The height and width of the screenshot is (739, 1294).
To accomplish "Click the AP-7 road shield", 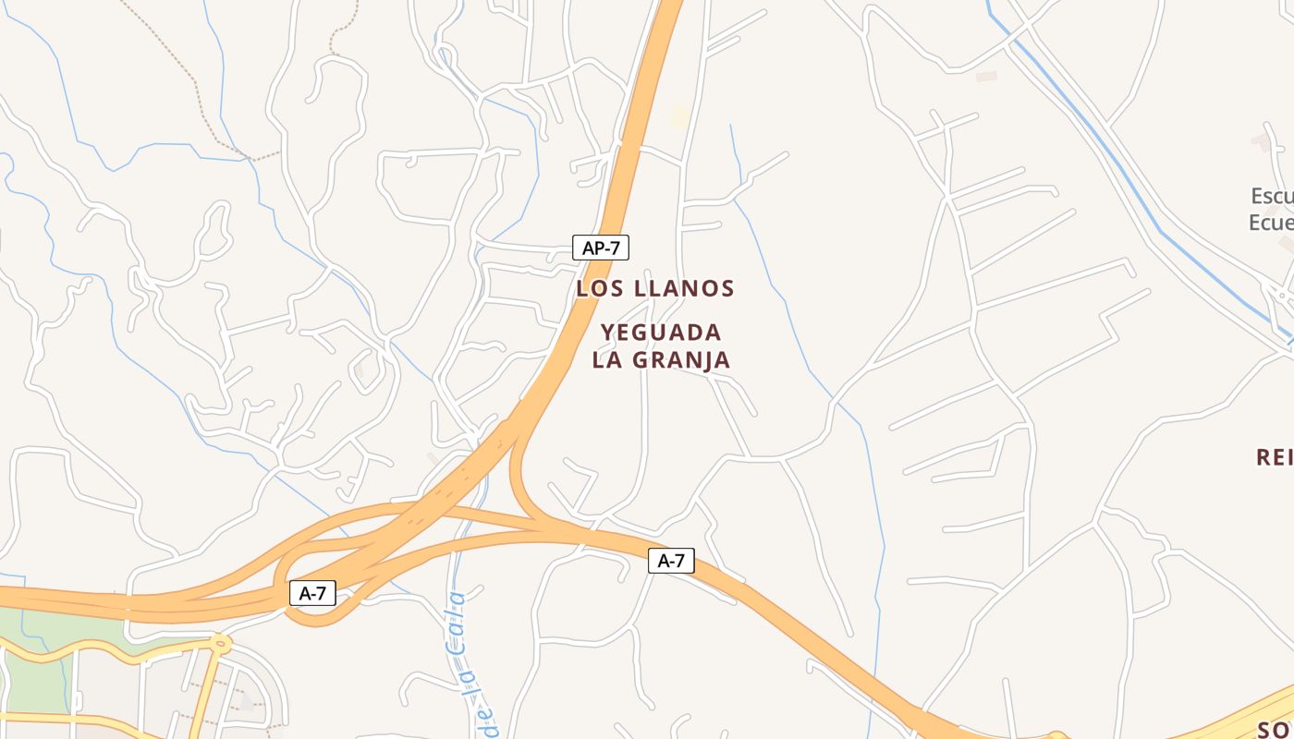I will point(601,248).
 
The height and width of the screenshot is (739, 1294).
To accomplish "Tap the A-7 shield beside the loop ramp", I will point(312,593).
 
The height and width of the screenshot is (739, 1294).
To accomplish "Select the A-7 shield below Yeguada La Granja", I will point(671,560).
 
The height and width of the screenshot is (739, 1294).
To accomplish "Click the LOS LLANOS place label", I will point(655,288).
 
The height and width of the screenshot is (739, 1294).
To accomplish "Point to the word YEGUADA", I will point(661,333).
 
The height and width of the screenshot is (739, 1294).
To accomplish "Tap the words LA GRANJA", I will point(661,360).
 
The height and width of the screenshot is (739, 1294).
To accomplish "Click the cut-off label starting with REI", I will point(1275,456).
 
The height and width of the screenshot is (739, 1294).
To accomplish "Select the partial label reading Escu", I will point(1272,196).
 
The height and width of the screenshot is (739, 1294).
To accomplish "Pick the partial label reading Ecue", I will point(1271,223).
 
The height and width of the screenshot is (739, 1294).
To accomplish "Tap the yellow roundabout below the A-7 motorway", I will point(220,643).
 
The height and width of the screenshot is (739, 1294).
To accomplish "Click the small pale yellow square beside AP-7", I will point(680,117).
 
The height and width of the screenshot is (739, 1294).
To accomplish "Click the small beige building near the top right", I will point(986,77).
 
